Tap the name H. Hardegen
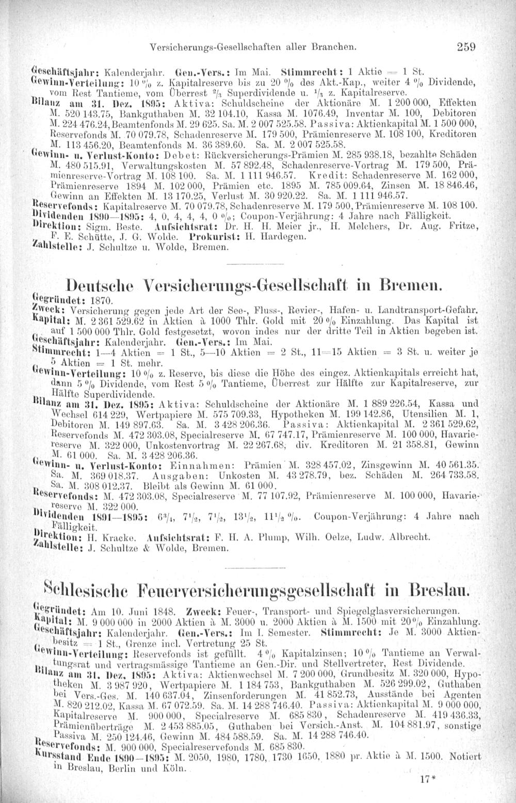point(285,237)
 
